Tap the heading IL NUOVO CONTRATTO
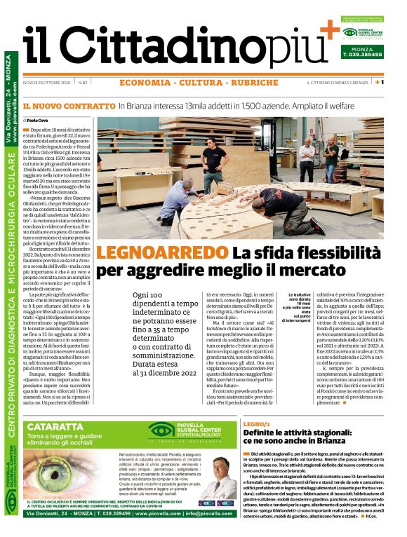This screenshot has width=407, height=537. click(67, 107)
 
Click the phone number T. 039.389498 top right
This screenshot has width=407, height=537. click(362, 54)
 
